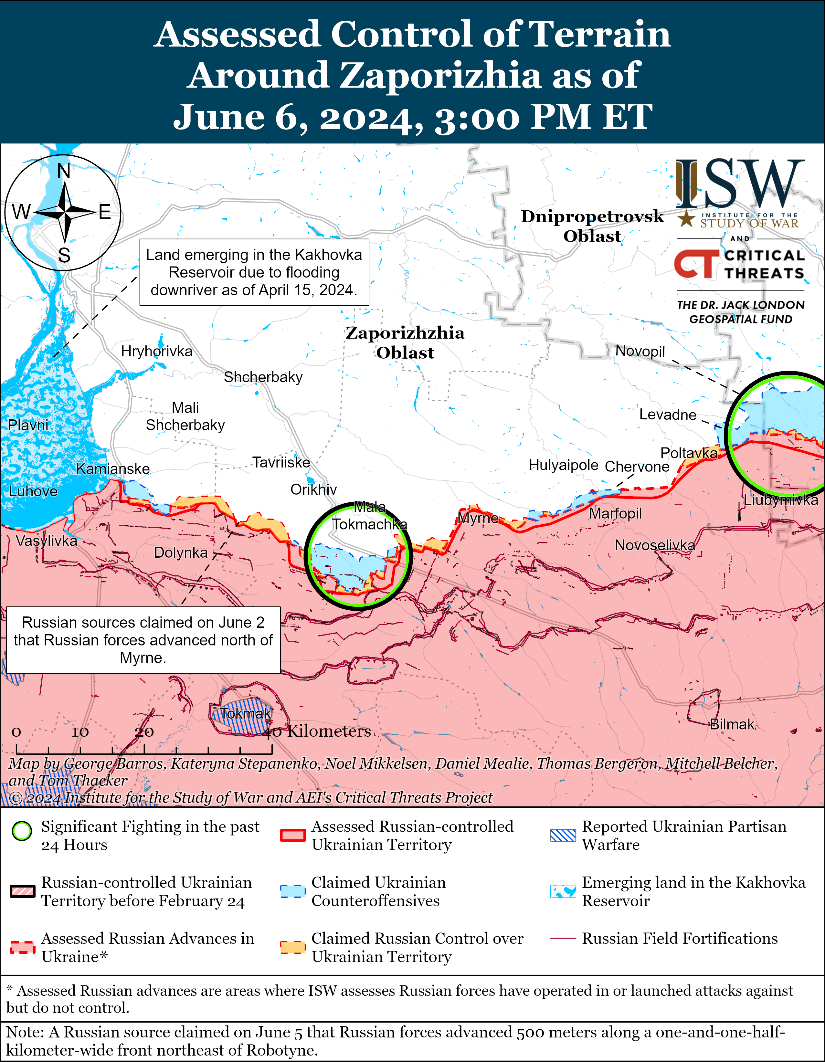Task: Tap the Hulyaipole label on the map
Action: coord(563,465)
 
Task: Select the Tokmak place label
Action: coord(246,713)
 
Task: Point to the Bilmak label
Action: coord(732,724)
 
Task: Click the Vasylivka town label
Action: coord(46,541)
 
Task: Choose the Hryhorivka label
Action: coord(157,351)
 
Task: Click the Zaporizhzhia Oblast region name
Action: coord(405,343)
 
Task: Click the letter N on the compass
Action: coord(64,171)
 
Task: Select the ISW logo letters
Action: coord(739,184)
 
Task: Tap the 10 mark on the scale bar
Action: coord(80,732)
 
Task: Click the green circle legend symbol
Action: coord(22,831)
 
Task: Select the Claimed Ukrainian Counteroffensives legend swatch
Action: coord(293,891)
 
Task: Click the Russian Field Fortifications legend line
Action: coord(563,939)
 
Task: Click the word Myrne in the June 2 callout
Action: coord(143,657)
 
